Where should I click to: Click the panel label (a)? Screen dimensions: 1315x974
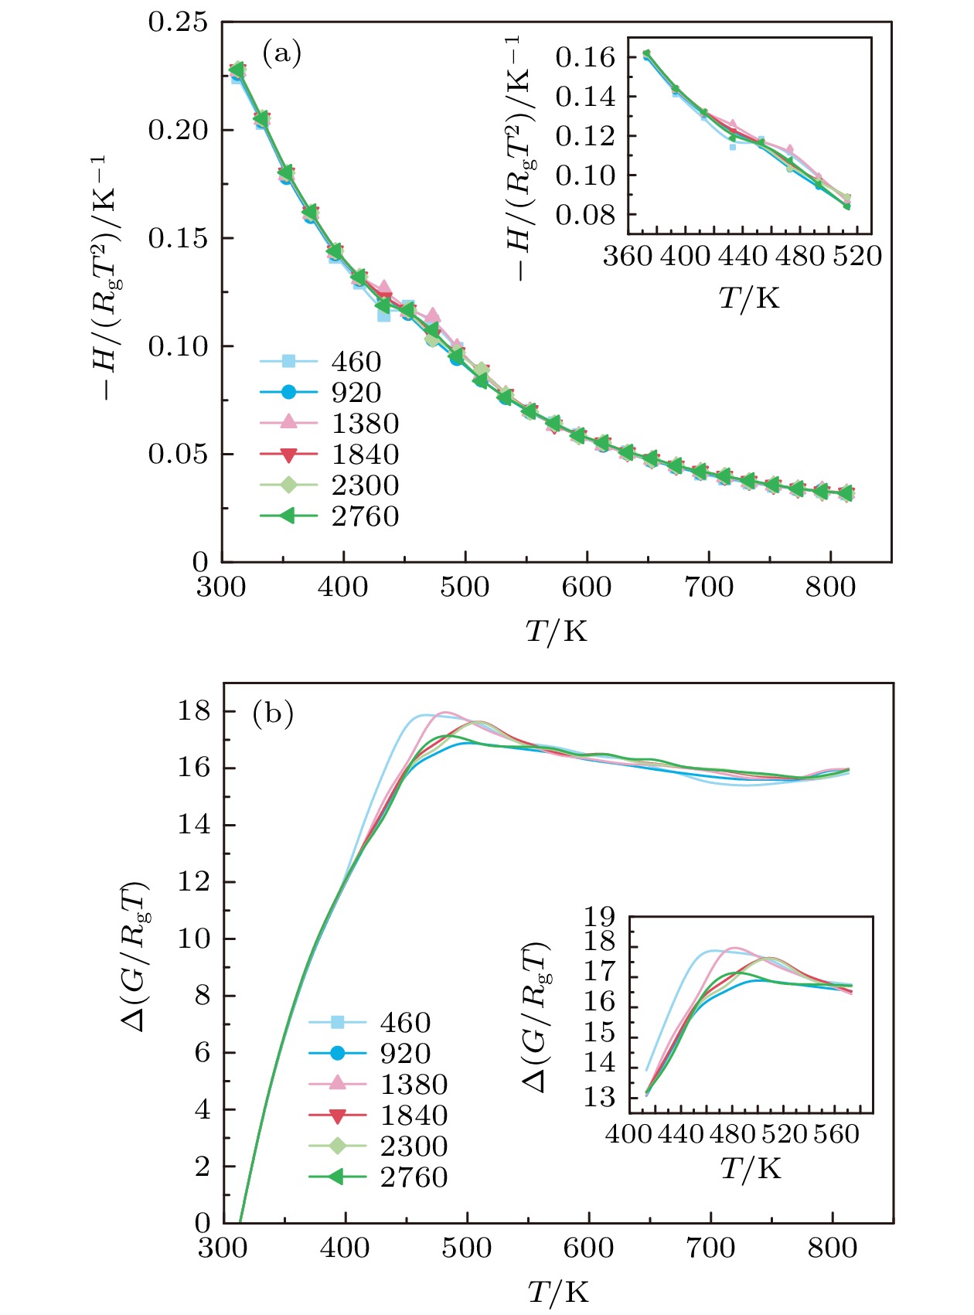tap(281, 54)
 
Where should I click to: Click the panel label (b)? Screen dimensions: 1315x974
tap(273, 714)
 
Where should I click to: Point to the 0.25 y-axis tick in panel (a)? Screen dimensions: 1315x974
tap(178, 22)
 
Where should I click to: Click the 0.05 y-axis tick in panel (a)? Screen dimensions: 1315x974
tap(178, 454)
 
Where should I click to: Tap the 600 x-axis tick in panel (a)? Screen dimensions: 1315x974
tap(587, 588)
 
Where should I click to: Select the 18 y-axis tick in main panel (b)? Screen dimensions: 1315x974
tap(194, 711)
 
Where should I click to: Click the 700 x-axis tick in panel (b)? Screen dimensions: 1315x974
tap(710, 1249)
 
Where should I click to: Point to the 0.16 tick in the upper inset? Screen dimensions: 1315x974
tap(585, 57)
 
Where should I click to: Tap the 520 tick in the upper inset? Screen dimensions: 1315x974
tap(858, 256)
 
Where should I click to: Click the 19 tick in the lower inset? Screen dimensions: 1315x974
tap(600, 918)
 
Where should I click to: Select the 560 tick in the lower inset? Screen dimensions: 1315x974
tap(836, 1134)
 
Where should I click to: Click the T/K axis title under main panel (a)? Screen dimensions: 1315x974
tap(557, 632)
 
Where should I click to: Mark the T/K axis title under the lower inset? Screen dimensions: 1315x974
tap(751, 1169)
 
